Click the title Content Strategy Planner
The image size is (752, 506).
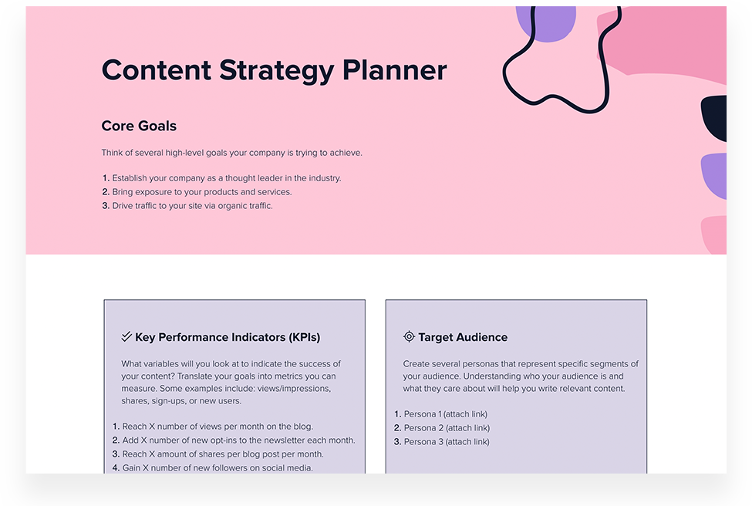point(274,70)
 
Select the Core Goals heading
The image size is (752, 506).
point(139,126)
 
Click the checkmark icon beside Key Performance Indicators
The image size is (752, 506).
point(126,337)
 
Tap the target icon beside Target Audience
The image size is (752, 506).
point(409,337)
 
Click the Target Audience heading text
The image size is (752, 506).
point(463,337)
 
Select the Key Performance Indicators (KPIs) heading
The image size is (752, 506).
point(227,337)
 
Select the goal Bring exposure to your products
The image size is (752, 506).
point(202,192)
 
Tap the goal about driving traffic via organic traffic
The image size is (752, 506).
point(192,206)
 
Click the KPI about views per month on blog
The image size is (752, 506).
point(218,427)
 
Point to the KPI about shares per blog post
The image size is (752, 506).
point(223,454)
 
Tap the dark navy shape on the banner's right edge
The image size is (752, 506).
point(715,118)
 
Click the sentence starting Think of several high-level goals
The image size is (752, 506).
point(231,153)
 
